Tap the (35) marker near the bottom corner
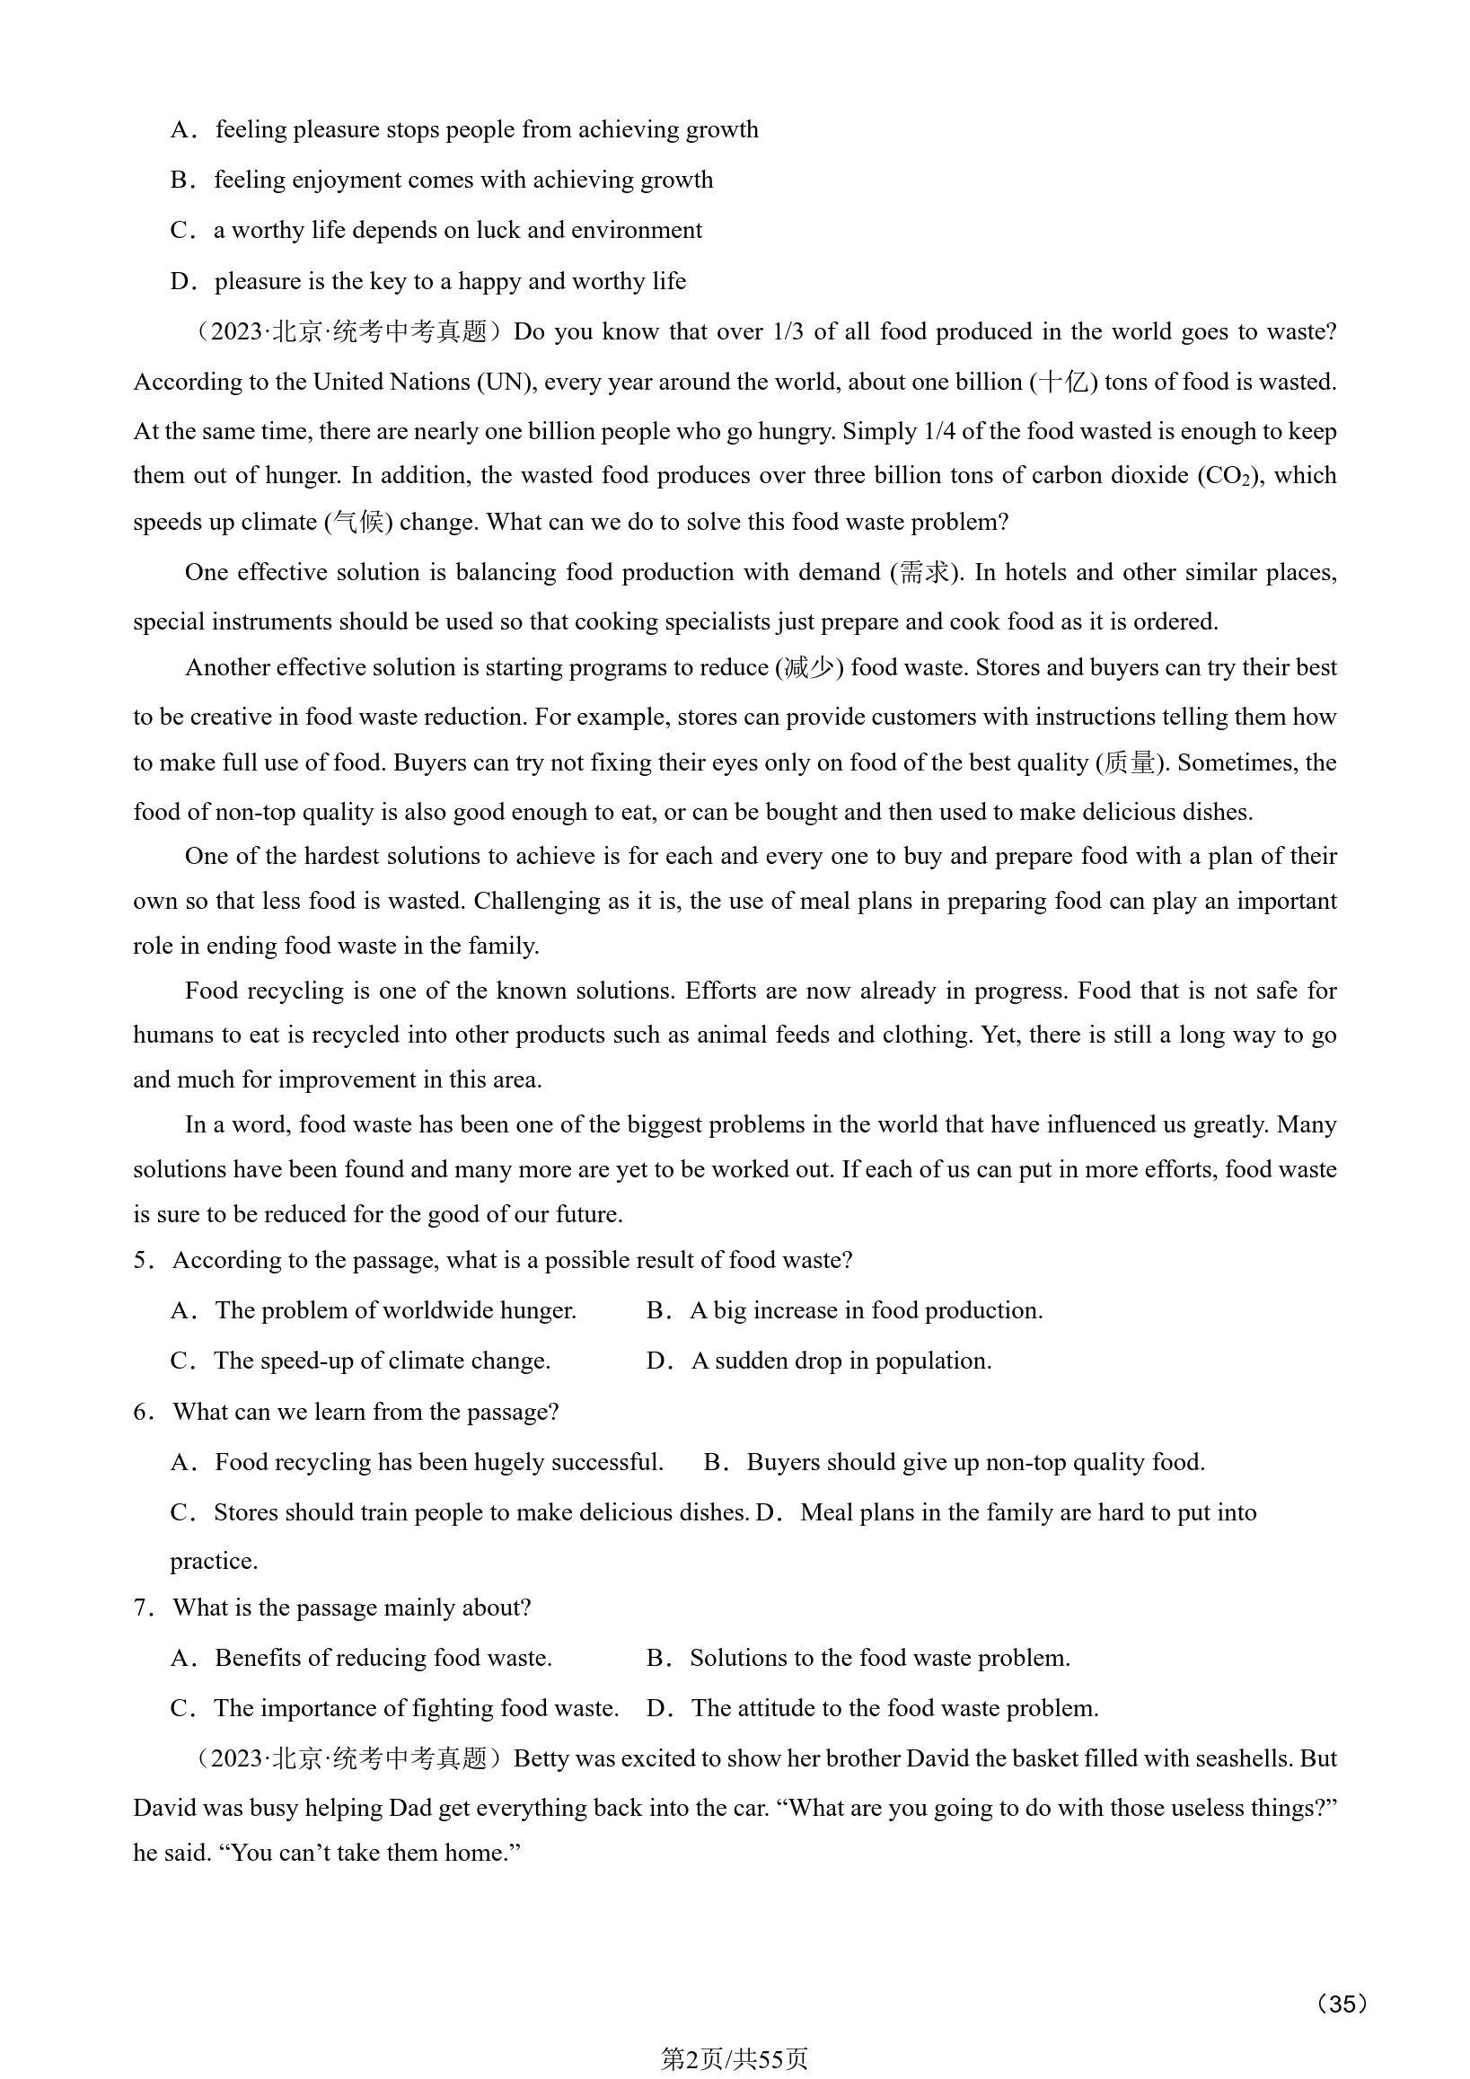1342,2003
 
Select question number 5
141,1261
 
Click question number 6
141,1412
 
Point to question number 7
141,1608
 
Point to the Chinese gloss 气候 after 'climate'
358,523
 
